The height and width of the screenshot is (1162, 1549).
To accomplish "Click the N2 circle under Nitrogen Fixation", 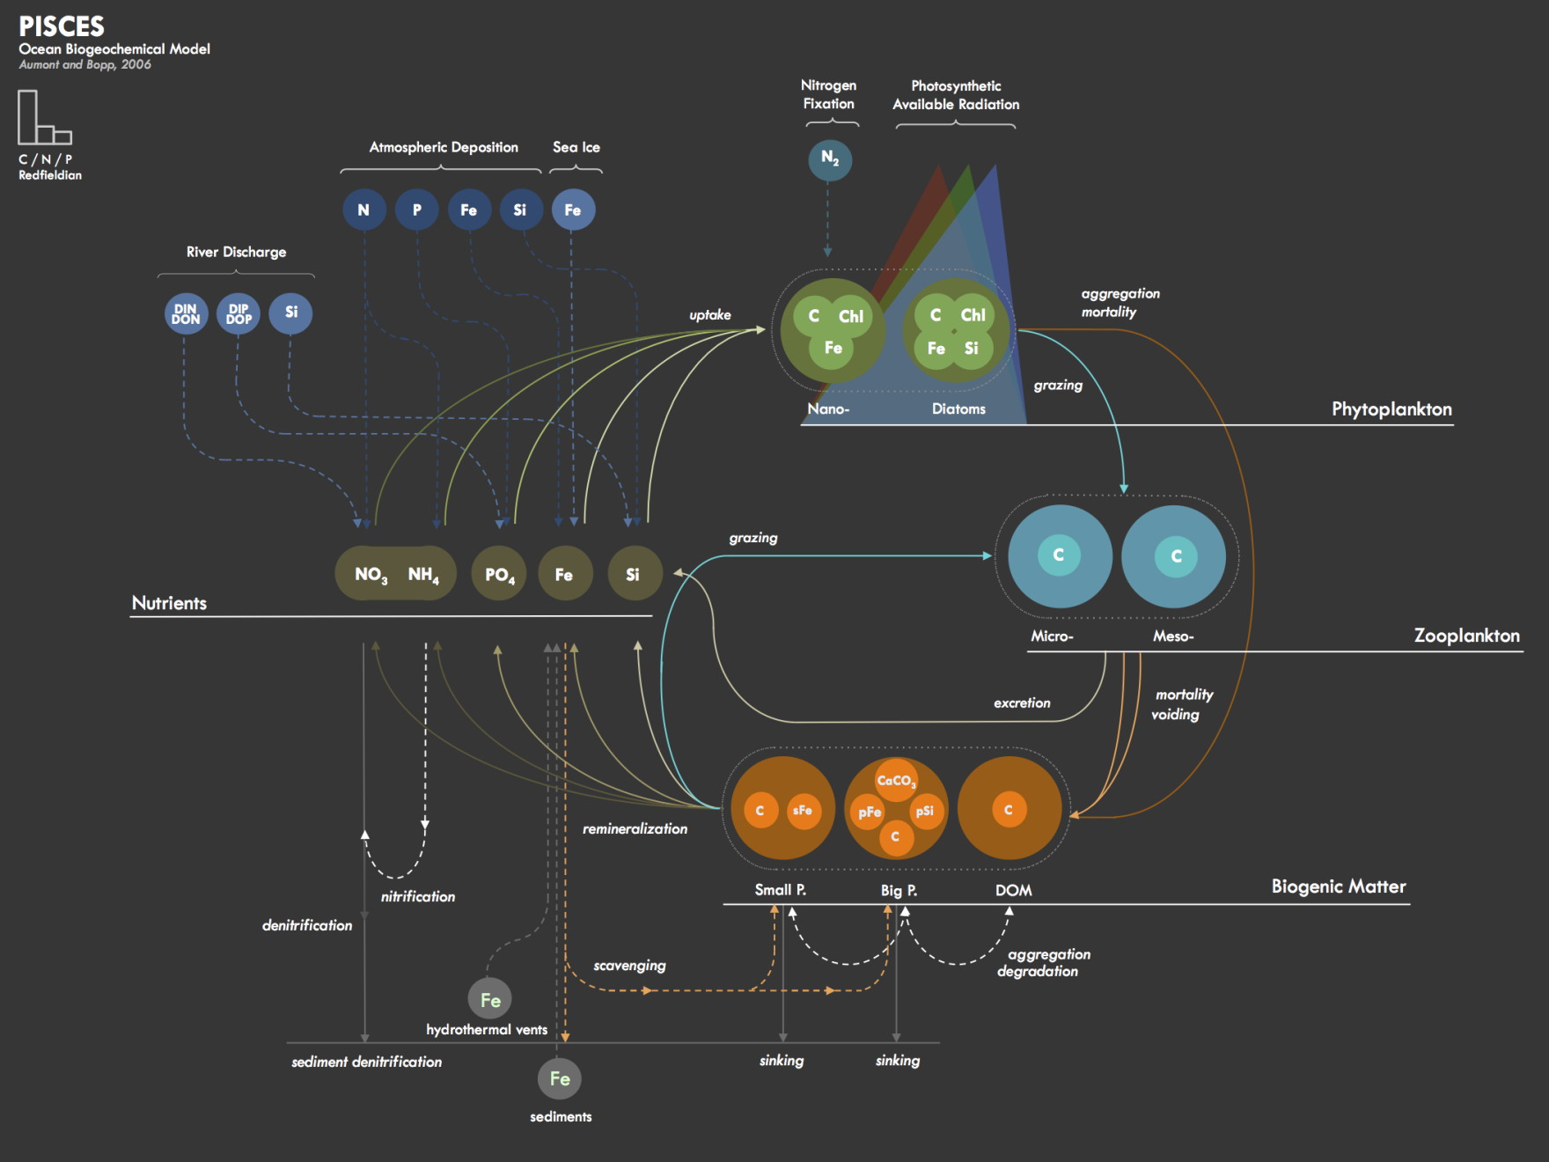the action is (830, 159).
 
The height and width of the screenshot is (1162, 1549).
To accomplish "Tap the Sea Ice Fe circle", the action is (573, 210).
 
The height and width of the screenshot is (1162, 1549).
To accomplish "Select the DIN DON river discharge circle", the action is (186, 313).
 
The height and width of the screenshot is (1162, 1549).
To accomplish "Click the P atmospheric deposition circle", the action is (417, 210).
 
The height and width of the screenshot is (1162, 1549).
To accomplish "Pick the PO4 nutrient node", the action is (499, 574).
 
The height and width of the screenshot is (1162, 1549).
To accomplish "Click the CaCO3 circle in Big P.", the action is (896, 780).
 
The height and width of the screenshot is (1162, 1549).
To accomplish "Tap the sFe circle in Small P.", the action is (803, 810).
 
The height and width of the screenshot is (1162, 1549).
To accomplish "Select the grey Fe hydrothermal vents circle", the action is (490, 999).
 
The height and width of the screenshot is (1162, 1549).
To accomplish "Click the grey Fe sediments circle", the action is (560, 1078).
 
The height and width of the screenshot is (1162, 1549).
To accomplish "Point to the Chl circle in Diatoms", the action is (973, 315).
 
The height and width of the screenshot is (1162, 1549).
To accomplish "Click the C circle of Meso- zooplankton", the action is (1176, 556).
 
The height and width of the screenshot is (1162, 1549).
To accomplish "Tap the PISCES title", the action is (62, 26).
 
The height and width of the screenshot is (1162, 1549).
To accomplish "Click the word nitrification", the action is (418, 896).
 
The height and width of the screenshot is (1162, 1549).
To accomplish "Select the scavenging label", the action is (629, 966).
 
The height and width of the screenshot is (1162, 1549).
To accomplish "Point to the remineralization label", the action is (635, 828).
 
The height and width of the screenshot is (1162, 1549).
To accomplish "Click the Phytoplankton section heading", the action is (1391, 409).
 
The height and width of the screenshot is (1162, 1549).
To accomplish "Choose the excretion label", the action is (1022, 702).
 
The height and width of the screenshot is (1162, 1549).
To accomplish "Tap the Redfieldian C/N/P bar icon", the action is (45, 117).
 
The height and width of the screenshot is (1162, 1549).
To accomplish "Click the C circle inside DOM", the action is (1009, 810).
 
